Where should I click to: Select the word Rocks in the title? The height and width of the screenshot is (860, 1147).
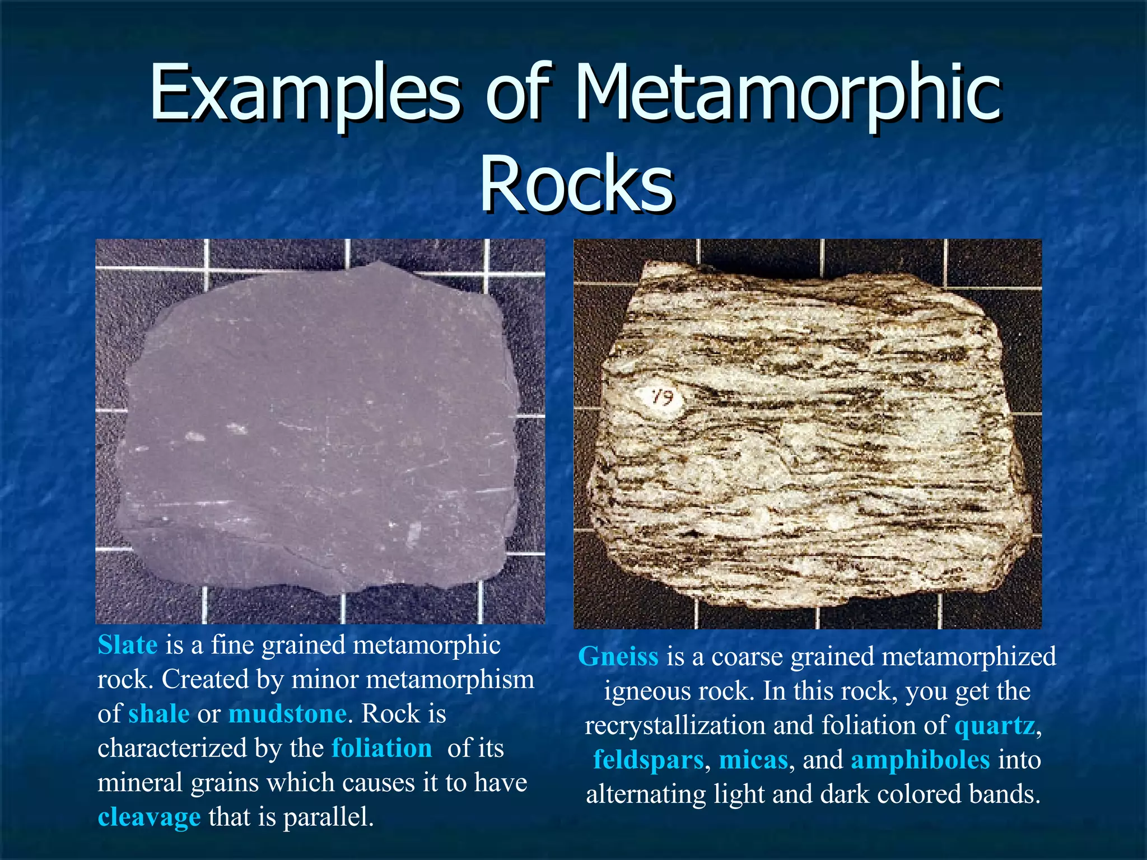click(x=577, y=185)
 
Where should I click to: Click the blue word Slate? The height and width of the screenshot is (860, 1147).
click(x=127, y=645)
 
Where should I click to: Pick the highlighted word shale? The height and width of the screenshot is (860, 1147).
click(x=158, y=714)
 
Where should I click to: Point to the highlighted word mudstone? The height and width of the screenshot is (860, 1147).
click(x=287, y=714)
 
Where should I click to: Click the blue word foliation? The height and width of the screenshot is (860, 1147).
click(x=381, y=749)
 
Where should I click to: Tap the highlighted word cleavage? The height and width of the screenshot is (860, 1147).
click(x=149, y=817)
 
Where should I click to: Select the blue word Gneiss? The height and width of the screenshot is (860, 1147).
click(x=618, y=657)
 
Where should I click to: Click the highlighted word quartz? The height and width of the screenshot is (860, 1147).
click(x=995, y=726)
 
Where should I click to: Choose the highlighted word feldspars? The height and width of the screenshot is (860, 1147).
click(x=648, y=760)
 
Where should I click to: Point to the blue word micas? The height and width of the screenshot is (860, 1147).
click(x=753, y=760)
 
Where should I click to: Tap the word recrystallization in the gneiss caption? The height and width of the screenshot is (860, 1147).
click(x=674, y=726)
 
